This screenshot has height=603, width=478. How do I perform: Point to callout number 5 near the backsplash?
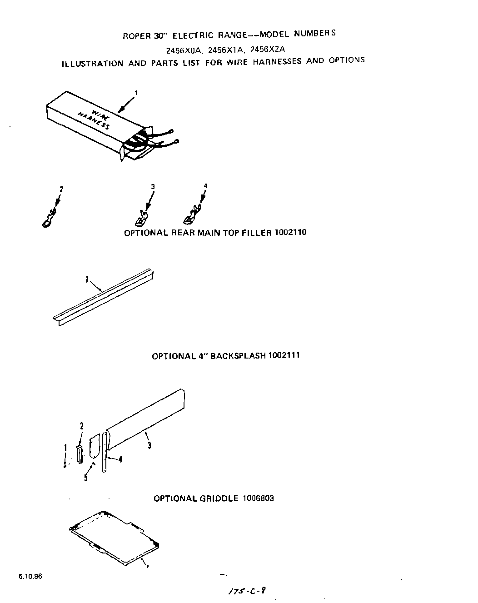coord(86,478)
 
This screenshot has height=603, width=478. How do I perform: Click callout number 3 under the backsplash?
coord(149,446)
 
